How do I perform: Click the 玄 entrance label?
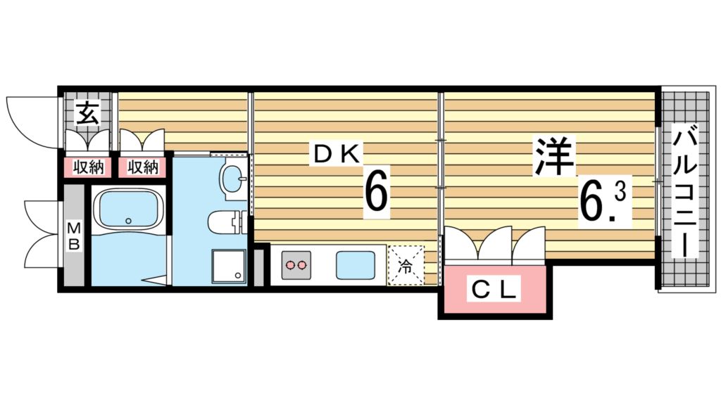[87, 112]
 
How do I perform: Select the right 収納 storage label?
[143, 167]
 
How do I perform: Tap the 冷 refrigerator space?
[406, 265]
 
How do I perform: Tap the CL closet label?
[494, 288]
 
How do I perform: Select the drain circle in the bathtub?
[128, 221]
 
